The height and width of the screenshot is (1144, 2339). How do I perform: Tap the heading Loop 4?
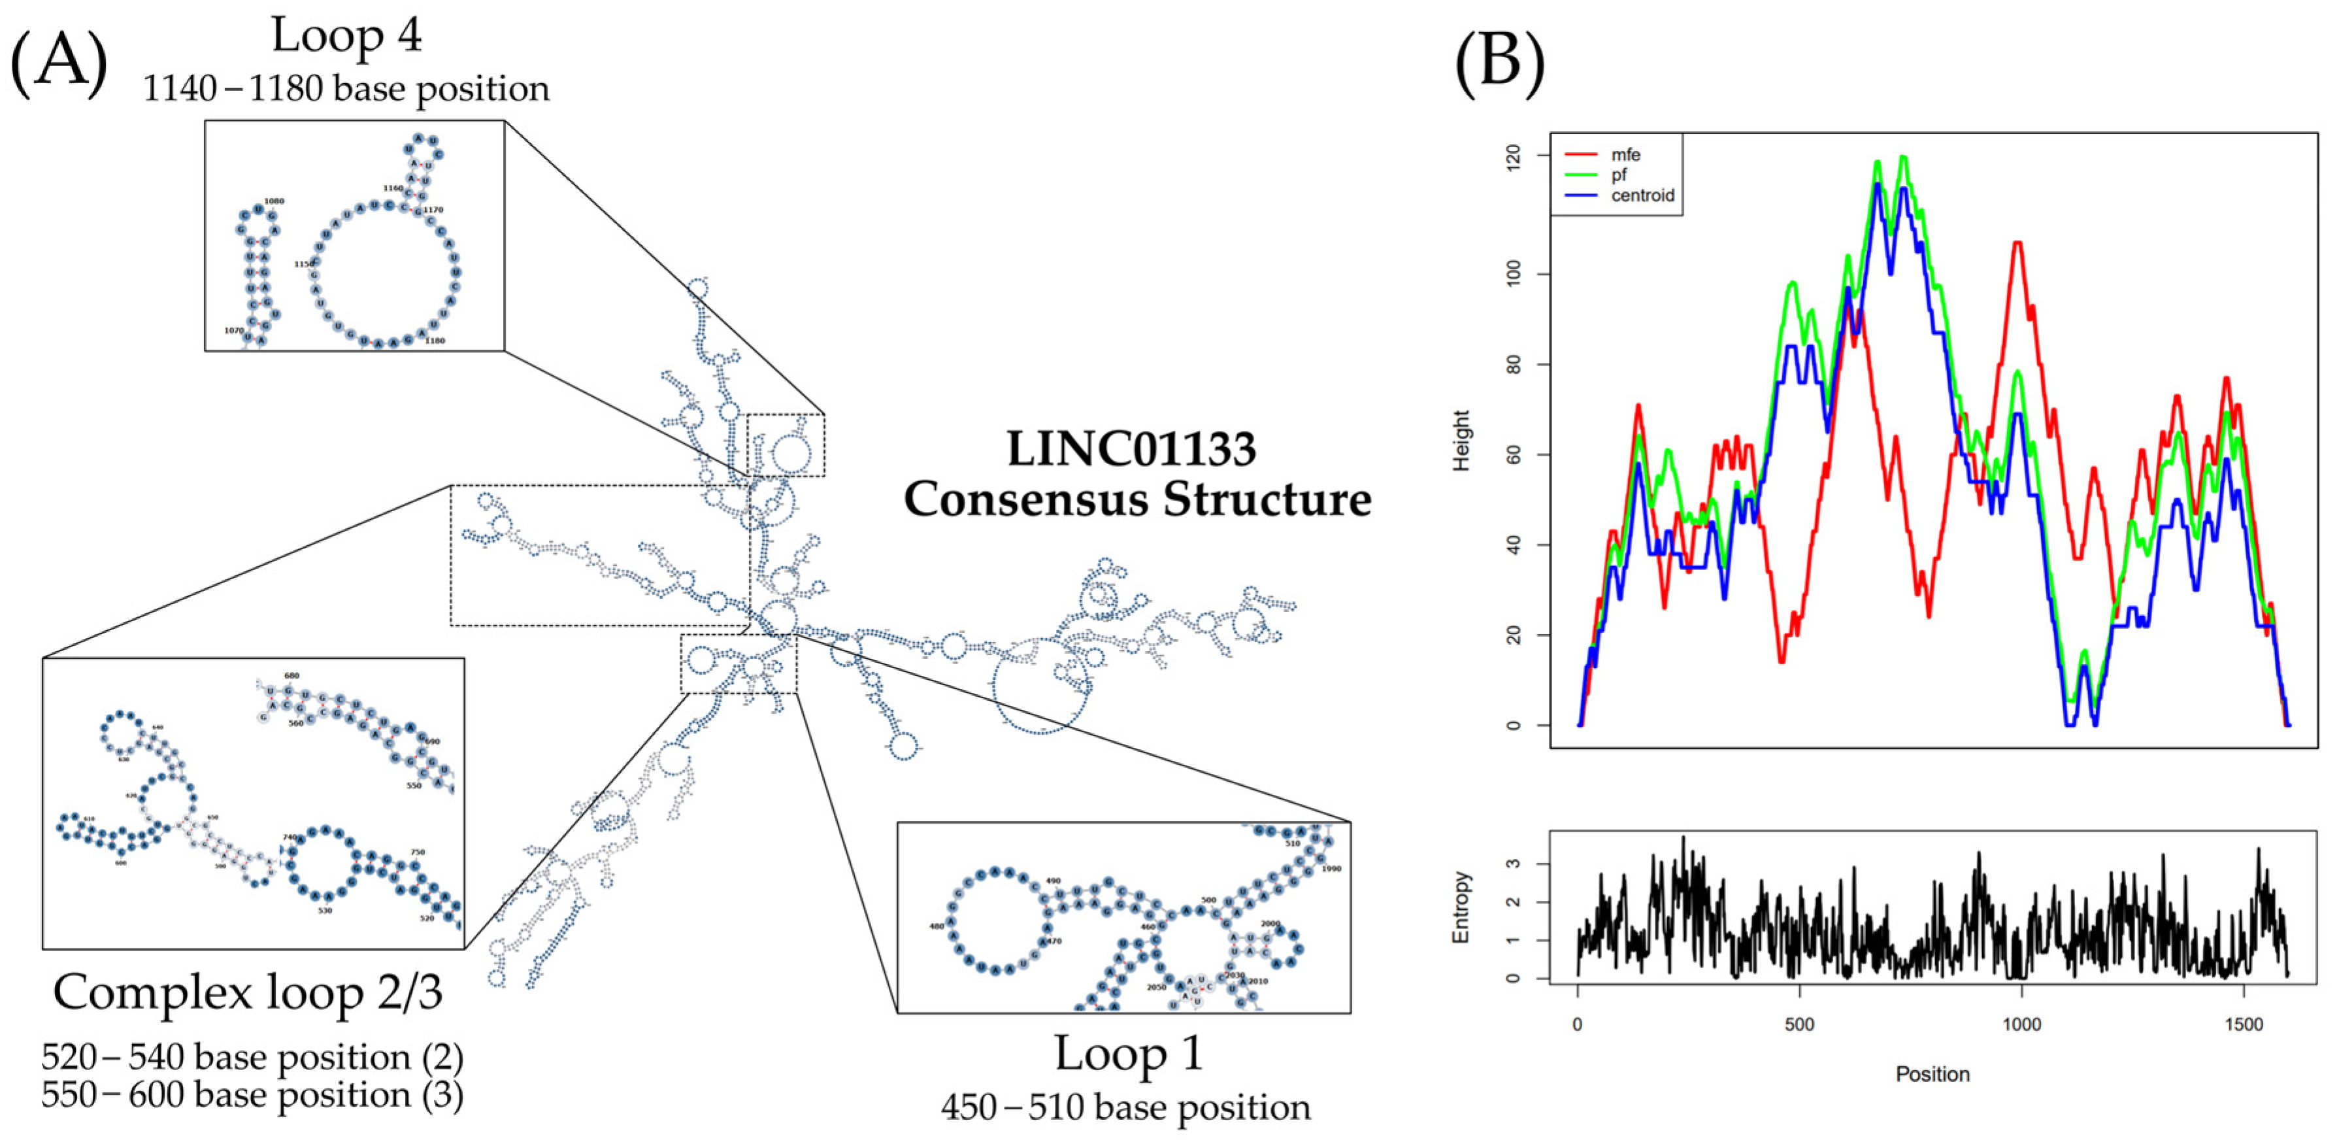click(x=346, y=37)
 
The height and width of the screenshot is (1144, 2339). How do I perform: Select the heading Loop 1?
click(x=1128, y=1054)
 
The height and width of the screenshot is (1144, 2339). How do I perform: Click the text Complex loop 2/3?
click(x=247, y=992)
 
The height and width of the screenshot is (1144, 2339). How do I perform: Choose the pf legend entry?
click(x=1619, y=175)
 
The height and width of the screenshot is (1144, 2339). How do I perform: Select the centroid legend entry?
click(x=1642, y=195)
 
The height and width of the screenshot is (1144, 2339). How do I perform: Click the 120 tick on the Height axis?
click(x=1514, y=156)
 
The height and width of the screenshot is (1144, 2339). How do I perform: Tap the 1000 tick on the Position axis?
click(x=2022, y=1025)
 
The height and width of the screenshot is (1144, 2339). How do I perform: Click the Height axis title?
click(x=1461, y=441)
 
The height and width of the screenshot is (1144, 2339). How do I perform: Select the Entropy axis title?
click(x=1461, y=907)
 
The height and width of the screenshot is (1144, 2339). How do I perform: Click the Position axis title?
click(x=1933, y=1075)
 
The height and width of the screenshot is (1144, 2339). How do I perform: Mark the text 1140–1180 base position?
click(x=346, y=89)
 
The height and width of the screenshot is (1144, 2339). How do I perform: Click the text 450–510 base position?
click(x=1126, y=1107)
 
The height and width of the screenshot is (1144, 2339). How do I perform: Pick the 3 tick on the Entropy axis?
click(x=1514, y=864)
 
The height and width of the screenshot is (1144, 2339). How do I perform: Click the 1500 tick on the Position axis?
click(x=2244, y=1025)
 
